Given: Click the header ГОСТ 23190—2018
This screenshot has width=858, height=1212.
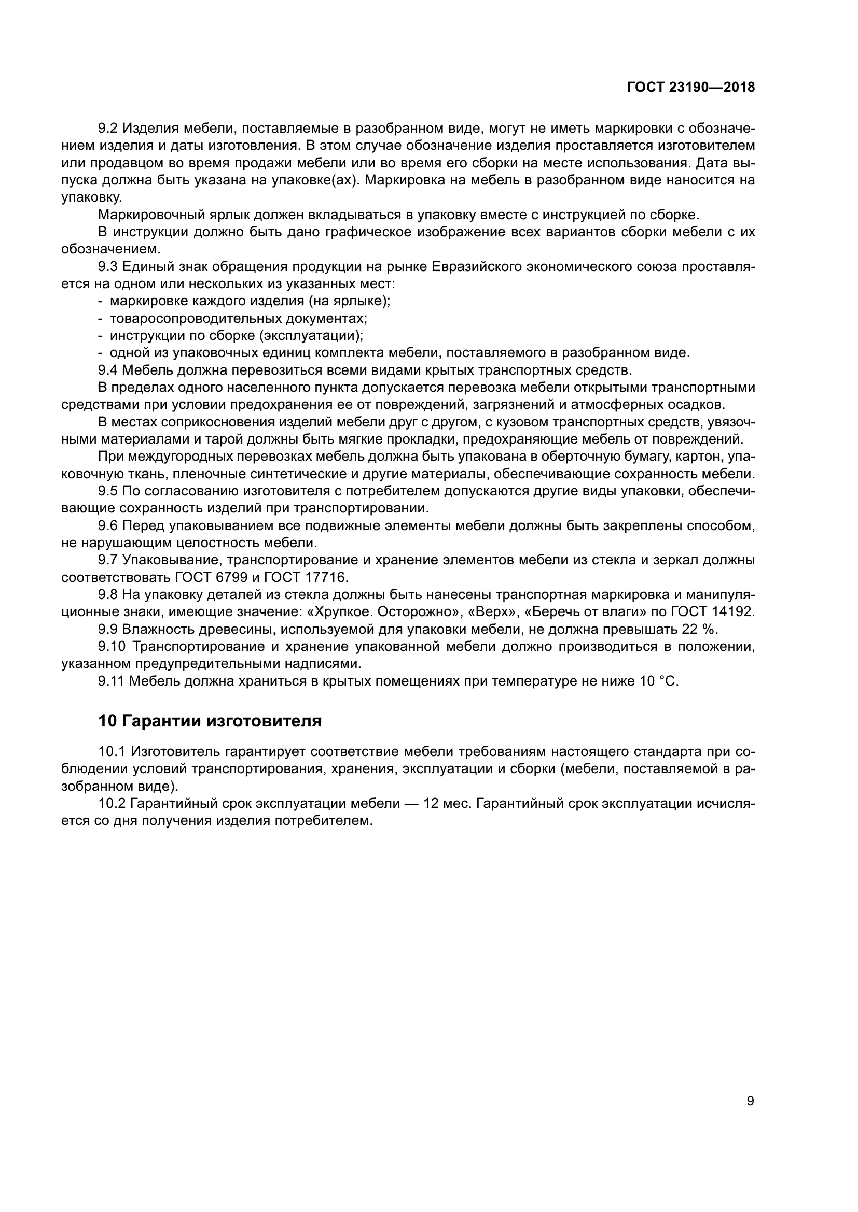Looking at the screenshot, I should (x=690, y=88).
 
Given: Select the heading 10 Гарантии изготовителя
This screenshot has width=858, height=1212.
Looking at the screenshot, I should (x=210, y=721).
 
